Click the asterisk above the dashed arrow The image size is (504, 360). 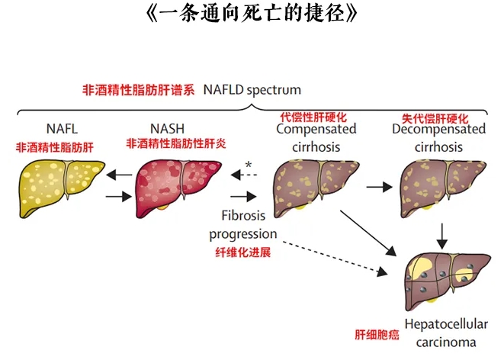(249, 165)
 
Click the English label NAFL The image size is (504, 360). (62, 129)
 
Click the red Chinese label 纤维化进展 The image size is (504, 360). (243, 251)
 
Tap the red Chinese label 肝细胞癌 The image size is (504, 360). (374, 334)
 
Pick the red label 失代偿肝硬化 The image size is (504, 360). (435, 117)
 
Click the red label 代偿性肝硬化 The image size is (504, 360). (313, 117)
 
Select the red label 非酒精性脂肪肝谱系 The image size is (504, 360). (139, 89)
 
